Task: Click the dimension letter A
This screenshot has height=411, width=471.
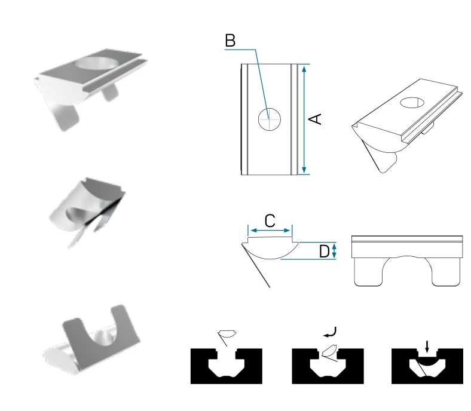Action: click(315, 119)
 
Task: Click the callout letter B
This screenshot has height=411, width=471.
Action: click(230, 41)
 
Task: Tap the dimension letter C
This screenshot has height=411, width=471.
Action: click(270, 221)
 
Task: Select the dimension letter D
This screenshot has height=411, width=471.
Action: click(324, 251)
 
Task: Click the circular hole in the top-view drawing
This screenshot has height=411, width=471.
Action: click(270, 119)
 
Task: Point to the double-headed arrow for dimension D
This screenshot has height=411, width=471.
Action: click(334, 251)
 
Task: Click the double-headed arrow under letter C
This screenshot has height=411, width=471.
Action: click(270, 231)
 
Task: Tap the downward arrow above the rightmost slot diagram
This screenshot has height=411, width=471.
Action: click(427, 346)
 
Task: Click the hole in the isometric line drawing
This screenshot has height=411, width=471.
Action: click(412, 102)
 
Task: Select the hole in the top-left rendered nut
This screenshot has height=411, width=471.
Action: click(97, 63)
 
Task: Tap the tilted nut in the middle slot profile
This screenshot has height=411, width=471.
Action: click(329, 351)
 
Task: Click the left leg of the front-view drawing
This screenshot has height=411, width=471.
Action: click(369, 272)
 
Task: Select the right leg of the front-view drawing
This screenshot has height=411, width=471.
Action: click(445, 272)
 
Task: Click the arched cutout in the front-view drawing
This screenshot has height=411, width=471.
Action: click(406, 257)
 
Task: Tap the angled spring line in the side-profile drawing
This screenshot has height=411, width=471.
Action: click(256, 266)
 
